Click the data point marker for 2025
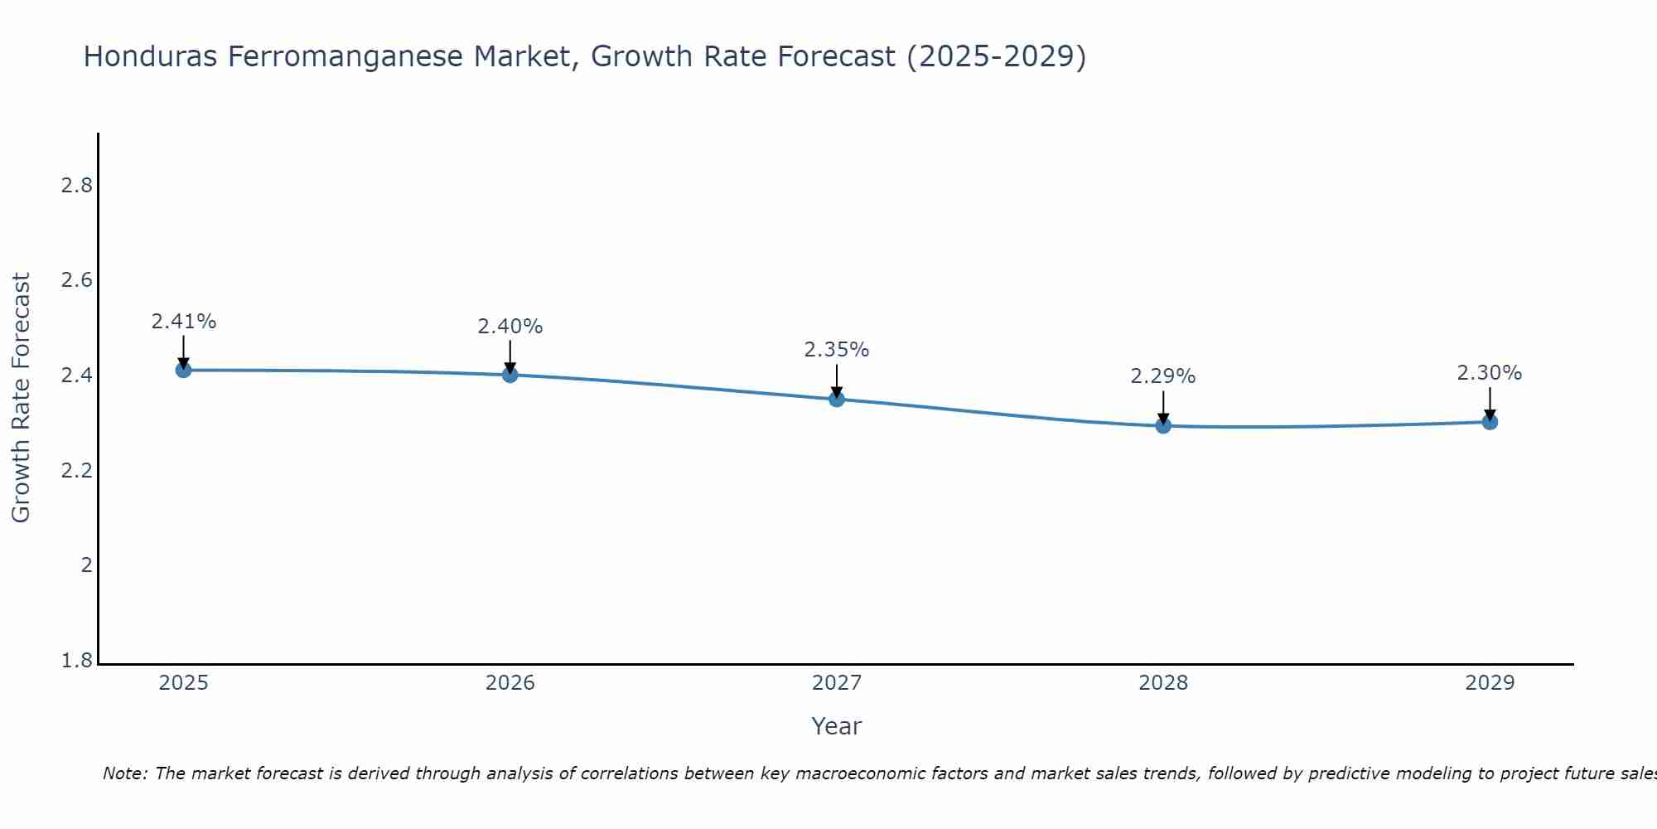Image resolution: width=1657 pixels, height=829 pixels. point(183,370)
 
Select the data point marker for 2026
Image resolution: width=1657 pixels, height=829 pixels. point(510,375)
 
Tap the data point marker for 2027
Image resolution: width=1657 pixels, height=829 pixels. point(837,399)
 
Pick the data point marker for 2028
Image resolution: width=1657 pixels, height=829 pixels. point(1163,426)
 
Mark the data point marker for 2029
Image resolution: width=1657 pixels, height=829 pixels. point(1490,422)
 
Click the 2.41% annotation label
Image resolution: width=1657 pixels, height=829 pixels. point(183,322)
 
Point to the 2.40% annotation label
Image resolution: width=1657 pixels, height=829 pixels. point(510,327)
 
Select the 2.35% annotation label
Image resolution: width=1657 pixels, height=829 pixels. point(837,350)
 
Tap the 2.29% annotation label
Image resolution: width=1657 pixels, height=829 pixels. point(1163,376)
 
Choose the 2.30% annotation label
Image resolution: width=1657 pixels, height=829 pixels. point(1490,373)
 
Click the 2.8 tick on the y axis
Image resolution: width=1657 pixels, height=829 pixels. point(77,186)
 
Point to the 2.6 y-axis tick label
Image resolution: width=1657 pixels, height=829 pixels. point(77,280)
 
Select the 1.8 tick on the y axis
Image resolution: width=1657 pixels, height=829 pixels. point(77,661)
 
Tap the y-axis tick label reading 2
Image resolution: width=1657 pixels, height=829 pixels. point(86,565)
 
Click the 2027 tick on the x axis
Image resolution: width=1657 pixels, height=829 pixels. point(837,683)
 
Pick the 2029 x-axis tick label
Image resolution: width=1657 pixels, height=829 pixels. point(1490,683)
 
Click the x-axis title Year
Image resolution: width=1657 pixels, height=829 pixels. point(837,726)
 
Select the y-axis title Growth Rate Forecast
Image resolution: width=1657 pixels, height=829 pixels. point(21,398)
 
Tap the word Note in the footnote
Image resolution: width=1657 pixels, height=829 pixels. point(123,773)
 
